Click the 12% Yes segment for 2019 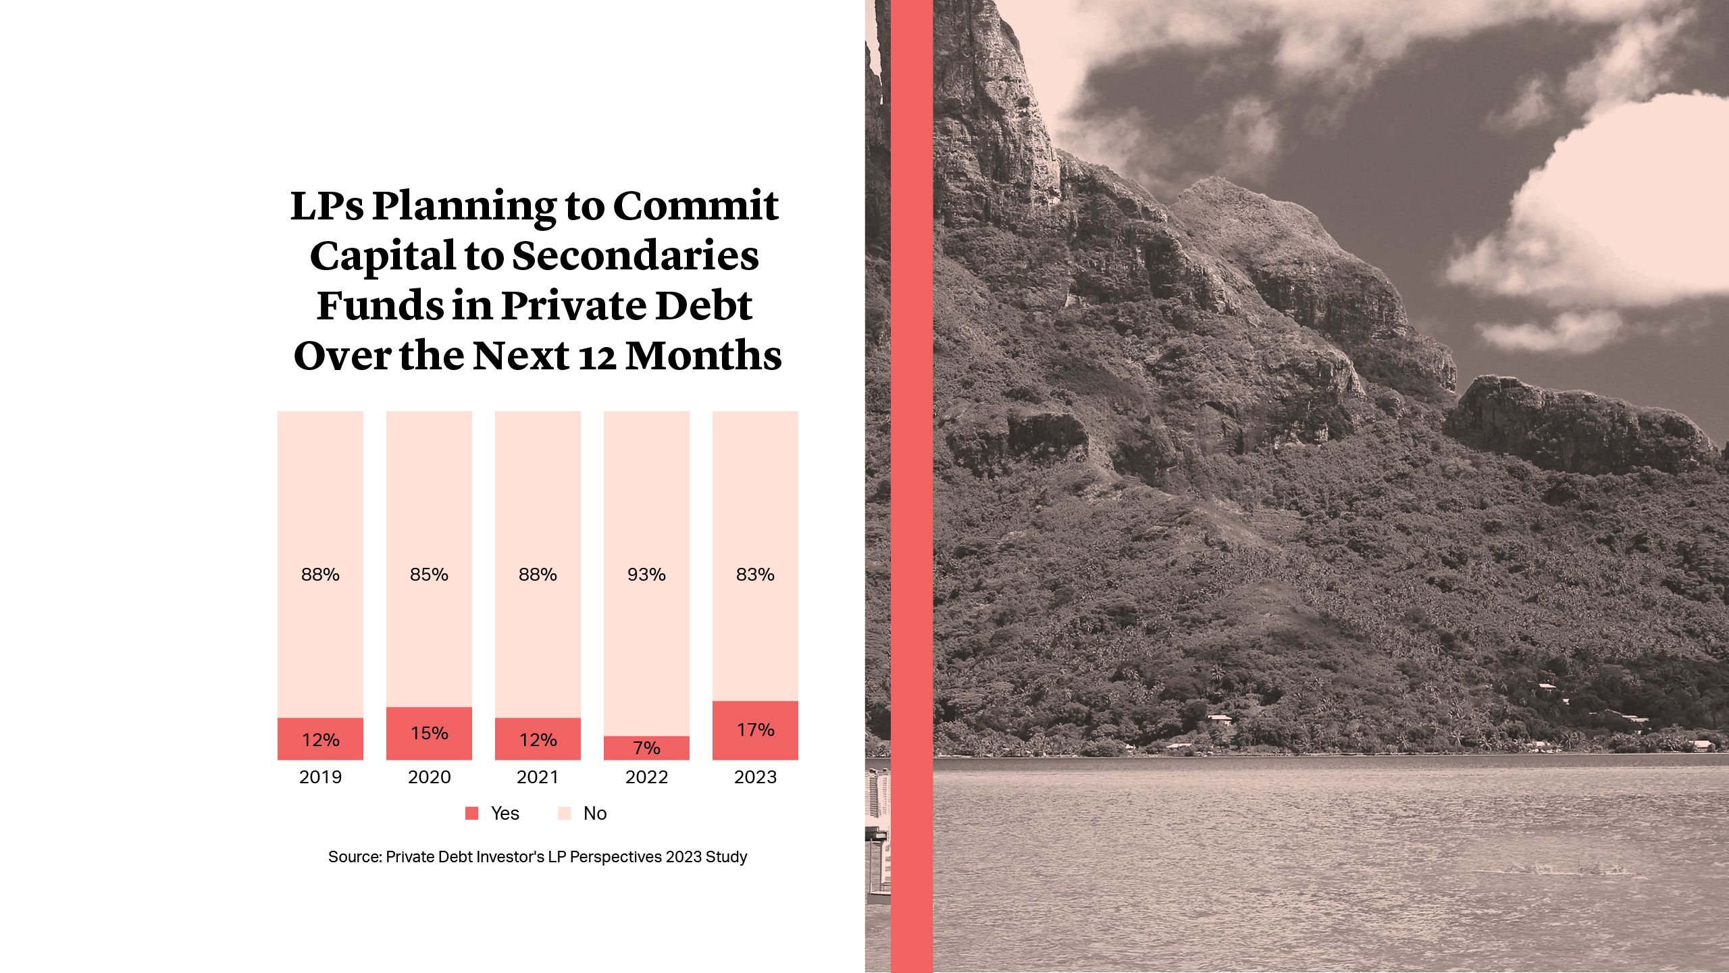pyautogui.click(x=320, y=739)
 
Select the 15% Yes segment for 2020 pyautogui.click(x=429, y=733)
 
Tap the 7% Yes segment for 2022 pyautogui.click(x=646, y=747)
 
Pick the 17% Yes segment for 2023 pyautogui.click(x=755, y=730)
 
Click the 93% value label pyautogui.click(x=646, y=575)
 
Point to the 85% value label pyautogui.click(x=429, y=575)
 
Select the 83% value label pyautogui.click(x=755, y=575)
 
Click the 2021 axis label pyautogui.click(x=538, y=777)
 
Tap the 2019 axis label pyautogui.click(x=320, y=777)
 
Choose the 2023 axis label pyautogui.click(x=755, y=777)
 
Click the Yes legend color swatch pyautogui.click(x=472, y=814)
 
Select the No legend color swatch pyautogui.click(x=565, y=814)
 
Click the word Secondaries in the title pyautogui.click(x=635, y=257)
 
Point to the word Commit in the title pyautogui.click(x=696, y=206)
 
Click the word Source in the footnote pyautogui.click(x=355, y=857)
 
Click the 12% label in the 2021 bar pyautogui.click(x=538, y=740)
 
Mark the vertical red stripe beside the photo pyautogui.click(x=912, y=486)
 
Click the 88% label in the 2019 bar pyautogui.click(x=320, y=575)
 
